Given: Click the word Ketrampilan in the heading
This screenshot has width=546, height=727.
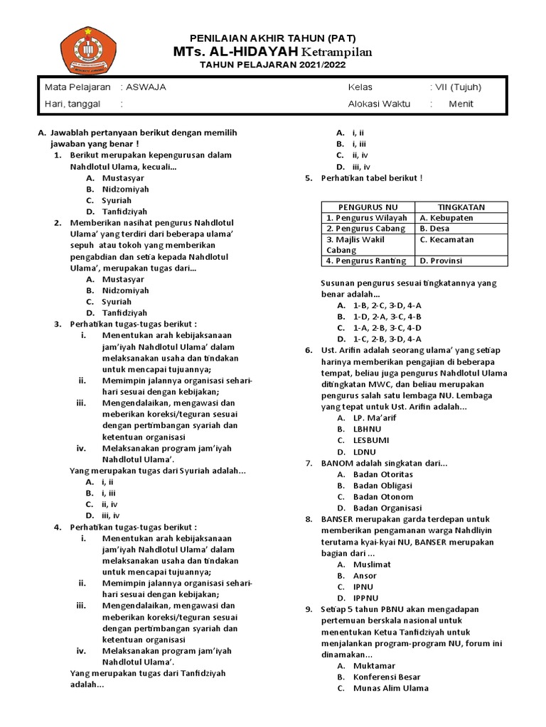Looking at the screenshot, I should coord(336,53).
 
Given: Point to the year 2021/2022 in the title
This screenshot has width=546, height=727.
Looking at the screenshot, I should coord(322,65).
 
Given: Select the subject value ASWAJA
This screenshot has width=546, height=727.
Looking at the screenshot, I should coord(146,87).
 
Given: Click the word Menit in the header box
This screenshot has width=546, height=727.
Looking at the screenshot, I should coord(461,104).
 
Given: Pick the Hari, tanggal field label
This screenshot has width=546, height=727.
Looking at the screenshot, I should coord(73,104).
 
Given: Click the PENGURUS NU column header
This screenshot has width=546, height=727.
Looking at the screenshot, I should coord(368,207).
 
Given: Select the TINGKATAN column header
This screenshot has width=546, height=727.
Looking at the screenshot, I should coord(461,207).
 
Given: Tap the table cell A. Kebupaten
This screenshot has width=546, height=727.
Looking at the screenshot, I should coord(446,218).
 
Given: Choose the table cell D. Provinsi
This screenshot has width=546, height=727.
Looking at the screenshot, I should coord(441,261).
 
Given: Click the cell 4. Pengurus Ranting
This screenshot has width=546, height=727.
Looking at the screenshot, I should coord(365,261).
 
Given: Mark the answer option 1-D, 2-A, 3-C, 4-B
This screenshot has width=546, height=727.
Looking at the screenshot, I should coord(387,317).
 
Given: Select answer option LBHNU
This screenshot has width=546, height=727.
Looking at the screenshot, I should coord(367,429).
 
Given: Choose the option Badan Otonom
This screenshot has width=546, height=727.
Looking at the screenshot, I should coord(382,497).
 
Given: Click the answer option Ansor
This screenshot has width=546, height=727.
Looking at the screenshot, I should coord(365,576).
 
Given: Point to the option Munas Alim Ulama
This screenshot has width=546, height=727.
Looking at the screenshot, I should coord(390,688).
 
